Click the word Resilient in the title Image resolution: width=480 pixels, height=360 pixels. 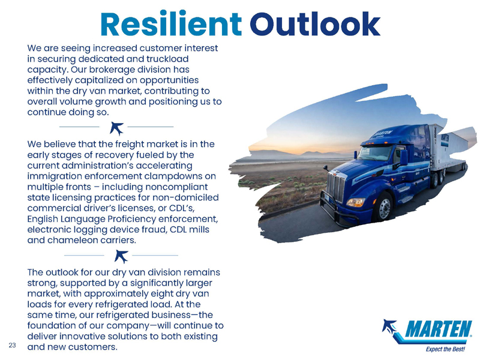point(171,24)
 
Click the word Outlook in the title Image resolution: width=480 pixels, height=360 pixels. point(315,24)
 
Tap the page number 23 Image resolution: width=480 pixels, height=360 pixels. point(12,346)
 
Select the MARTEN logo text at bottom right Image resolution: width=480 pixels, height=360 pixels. point(438,329)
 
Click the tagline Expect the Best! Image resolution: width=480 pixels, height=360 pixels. point(445,349)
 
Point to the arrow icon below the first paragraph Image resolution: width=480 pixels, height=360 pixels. point(116,128)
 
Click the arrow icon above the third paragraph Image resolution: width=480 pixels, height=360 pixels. point(121,256)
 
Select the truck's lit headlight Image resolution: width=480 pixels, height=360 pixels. point(356,202)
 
